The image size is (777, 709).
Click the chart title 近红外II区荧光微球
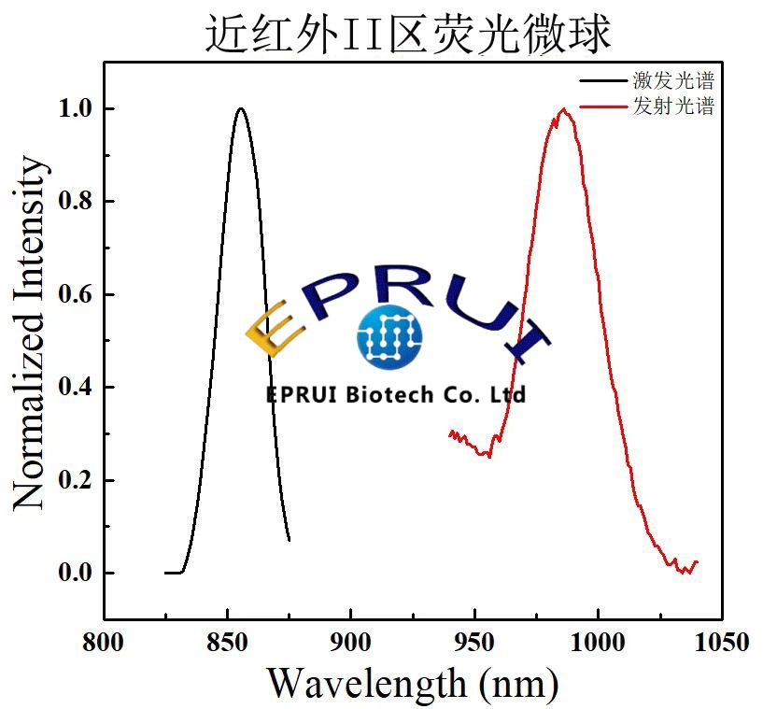point(408,34)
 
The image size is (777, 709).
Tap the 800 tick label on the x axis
point(104,644)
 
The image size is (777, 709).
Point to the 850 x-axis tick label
point(228,644)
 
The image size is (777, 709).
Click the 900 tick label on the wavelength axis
point(351,644)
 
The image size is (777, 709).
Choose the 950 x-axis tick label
point(474,644)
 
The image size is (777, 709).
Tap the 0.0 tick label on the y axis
point(76,573)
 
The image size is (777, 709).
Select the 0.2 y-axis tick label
point(76,480)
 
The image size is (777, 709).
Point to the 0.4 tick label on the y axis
point(76,387)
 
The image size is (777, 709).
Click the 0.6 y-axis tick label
point(76,294)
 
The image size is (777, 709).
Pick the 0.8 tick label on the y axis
point(76,202)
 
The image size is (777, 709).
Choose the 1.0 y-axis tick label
point(76,108)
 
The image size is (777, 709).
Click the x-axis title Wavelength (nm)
point(413,682)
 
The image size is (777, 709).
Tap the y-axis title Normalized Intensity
point(30,334)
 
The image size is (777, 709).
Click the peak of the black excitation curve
point(241,108)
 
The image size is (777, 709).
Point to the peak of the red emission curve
point(563,109)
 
